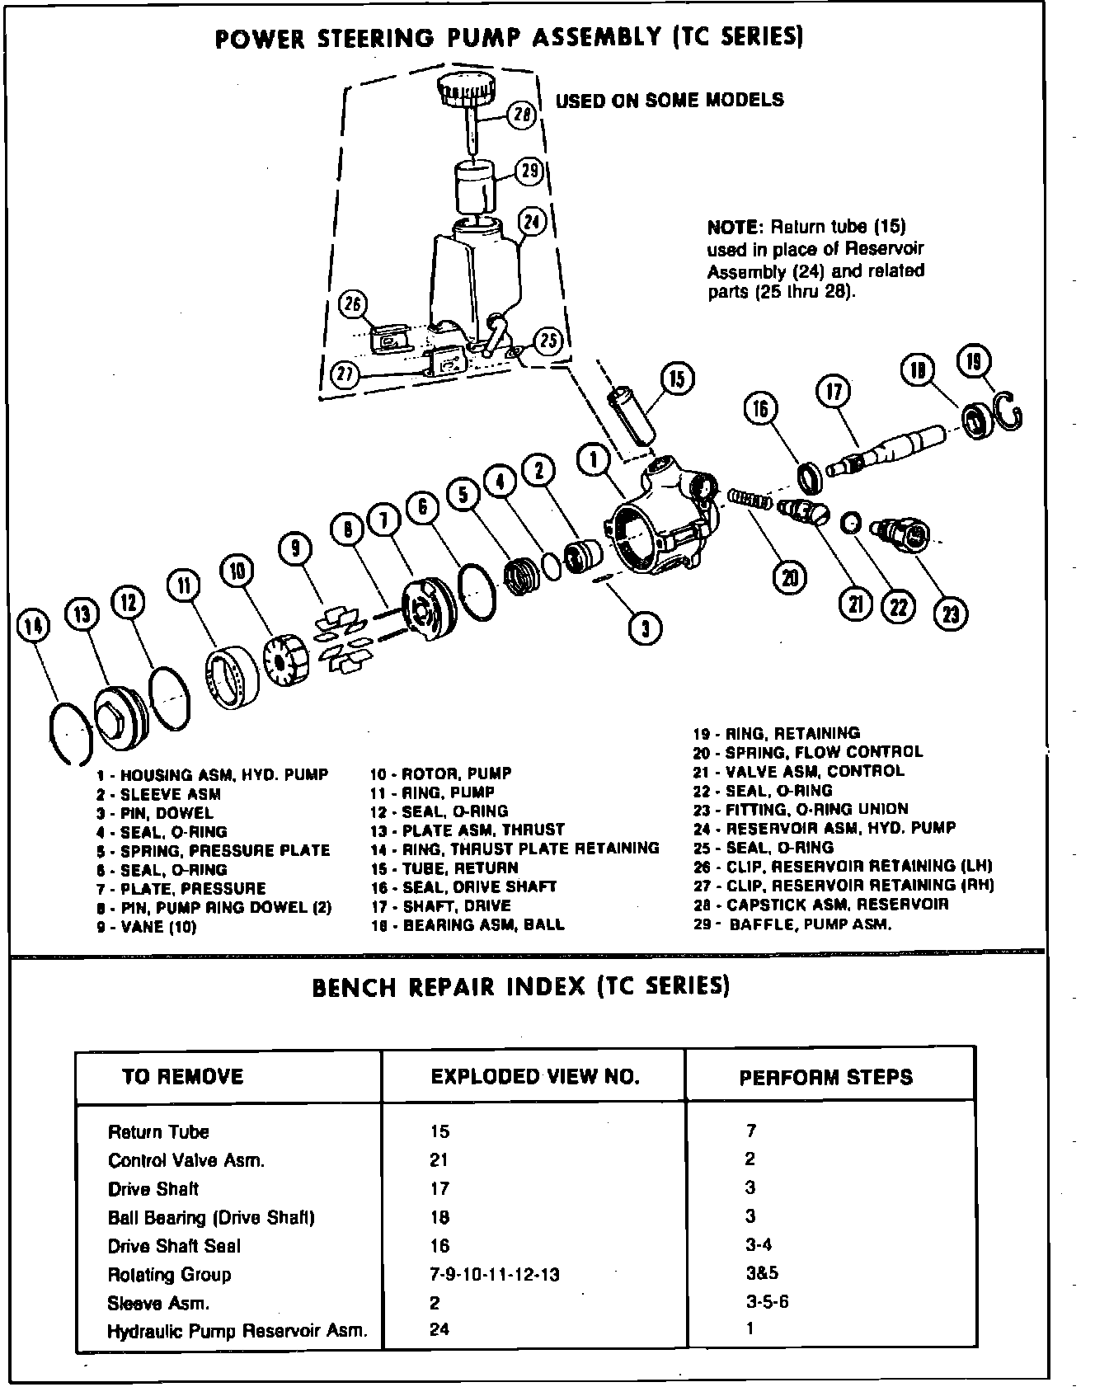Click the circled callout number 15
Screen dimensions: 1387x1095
coord(677,379)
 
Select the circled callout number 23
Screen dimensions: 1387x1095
coord(952,613)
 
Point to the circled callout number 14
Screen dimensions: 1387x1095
coord(33,628)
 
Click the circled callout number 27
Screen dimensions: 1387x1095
coord(346,375)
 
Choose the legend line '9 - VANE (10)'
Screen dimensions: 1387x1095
coord(146,927)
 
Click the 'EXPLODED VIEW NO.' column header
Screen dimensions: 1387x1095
coord(535,1077)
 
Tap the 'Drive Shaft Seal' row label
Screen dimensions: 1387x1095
coord(174,1246)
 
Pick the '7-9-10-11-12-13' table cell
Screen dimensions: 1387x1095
coord(495,1275)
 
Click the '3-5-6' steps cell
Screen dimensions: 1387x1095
coord(767,1303)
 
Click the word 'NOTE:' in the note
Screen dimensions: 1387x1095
coord(732,228)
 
